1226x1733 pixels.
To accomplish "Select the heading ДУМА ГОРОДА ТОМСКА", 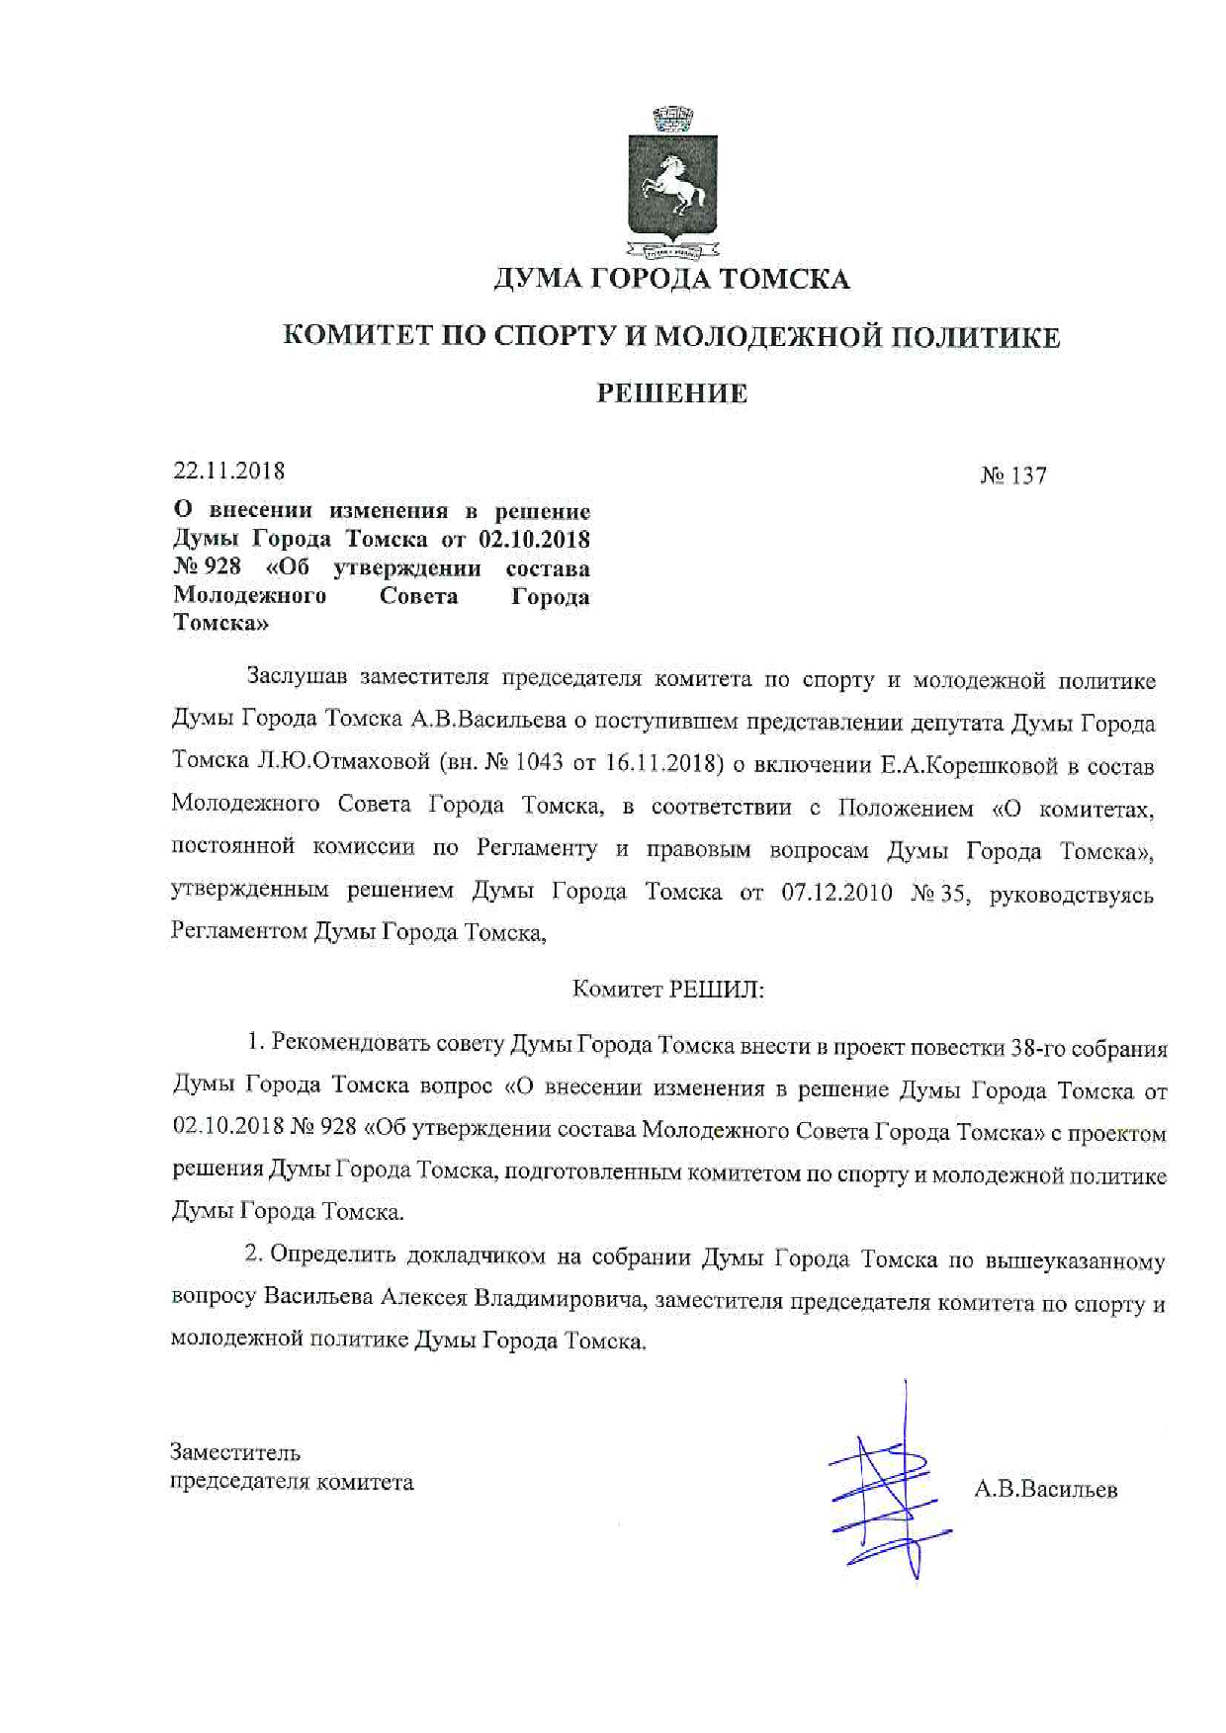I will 671,280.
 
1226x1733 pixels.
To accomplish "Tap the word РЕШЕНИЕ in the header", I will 672,393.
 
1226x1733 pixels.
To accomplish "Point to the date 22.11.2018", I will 229,471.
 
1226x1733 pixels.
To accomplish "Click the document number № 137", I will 1013,476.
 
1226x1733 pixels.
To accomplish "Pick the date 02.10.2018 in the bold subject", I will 534,540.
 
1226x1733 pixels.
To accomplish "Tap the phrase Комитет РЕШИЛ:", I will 668,990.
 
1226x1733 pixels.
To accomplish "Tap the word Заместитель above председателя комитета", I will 235,1452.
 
